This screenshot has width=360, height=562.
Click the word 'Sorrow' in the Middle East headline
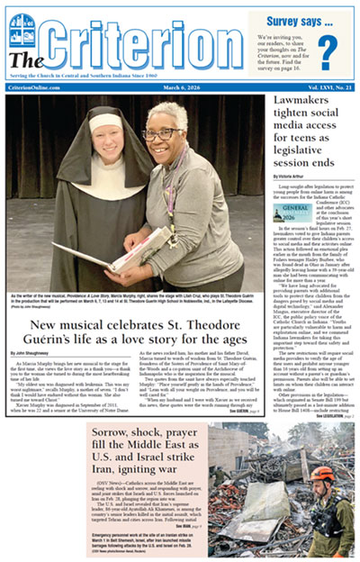pos(115,434)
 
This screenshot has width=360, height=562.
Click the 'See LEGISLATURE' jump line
pos(337,416)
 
